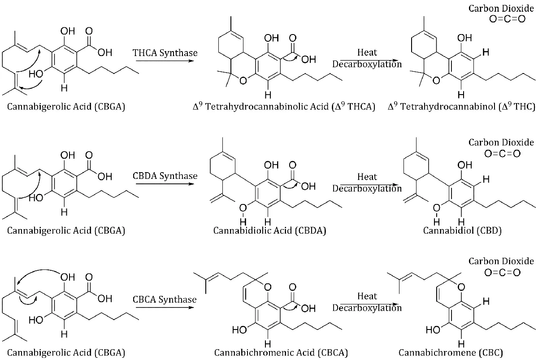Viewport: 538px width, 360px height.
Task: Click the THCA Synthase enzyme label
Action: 165,52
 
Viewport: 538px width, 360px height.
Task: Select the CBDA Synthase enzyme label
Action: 165,175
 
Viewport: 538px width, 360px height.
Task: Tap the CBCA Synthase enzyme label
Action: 165,299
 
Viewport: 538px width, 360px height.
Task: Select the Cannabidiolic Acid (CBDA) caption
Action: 269,230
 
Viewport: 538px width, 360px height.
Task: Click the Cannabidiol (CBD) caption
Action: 456,230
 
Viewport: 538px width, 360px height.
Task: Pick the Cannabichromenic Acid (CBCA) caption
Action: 281,352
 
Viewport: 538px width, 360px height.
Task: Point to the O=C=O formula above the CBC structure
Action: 502,273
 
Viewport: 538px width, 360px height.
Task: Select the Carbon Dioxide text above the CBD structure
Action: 501,143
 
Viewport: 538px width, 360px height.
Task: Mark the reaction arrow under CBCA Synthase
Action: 165,307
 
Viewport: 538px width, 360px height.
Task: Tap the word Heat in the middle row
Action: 367,177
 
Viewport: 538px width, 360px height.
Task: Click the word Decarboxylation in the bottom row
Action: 367,308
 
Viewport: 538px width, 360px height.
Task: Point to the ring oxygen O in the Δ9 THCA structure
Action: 242,81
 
